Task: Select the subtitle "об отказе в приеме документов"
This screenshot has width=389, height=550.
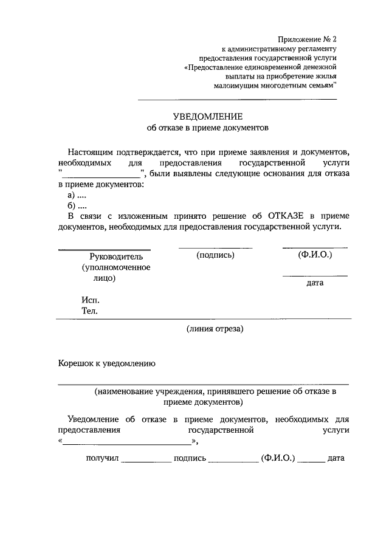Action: pos(207,128)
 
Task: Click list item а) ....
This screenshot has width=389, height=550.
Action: pos(77,194)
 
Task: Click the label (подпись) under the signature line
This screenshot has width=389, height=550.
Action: pos(215,255)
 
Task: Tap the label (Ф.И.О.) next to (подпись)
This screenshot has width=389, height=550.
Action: pos(315,255)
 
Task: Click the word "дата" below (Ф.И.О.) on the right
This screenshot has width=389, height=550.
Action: pos(315,283)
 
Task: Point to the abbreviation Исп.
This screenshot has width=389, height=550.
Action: pos(89,300)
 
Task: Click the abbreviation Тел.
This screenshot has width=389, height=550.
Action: pos(89,311)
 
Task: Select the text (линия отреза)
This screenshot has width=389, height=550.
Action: pos(215,329)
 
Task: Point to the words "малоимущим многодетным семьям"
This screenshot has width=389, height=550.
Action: pos(275,86)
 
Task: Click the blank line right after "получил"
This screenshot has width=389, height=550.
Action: pos(146,459)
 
